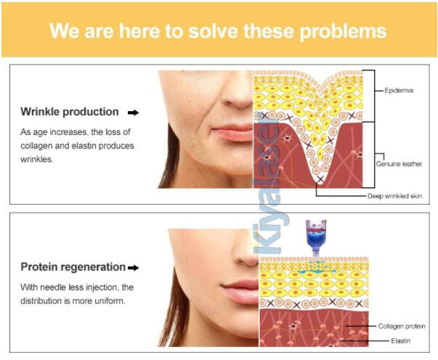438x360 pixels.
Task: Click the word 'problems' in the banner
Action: [x=343, y=31]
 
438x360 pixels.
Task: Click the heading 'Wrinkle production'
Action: [x=70, y=112]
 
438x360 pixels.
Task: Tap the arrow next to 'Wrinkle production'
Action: [x=133, y=112]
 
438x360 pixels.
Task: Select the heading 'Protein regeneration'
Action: [x=73, y=267]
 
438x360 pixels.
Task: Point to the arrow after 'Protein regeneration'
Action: [x=133, y=268]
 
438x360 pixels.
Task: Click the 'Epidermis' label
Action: [x=399, y=91]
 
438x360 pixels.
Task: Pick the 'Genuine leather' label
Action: [x=399, y=164]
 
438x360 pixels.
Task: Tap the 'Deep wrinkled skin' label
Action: [x=394, y=196]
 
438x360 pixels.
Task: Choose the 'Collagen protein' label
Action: [x=402, y=326]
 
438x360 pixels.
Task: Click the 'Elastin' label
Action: [x=400, y=340]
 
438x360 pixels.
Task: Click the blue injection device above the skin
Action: [x=316, y=238]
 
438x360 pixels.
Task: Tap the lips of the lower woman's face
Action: [x=240, y=292]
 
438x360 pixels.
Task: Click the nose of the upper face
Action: [x=238, y=95]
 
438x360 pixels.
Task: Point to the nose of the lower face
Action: [x=246, y=250]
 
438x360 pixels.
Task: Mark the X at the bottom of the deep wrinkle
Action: [x=320, y=179]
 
